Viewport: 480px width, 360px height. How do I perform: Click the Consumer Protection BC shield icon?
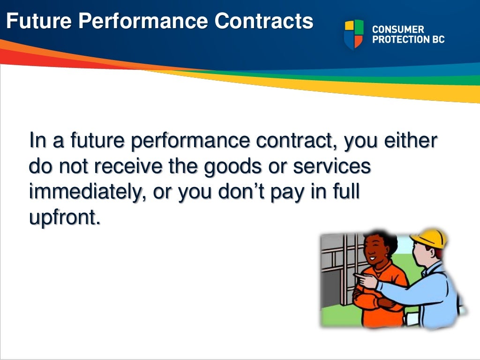(x=353, y=34)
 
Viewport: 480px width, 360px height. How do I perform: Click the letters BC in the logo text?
(x=436, y=40)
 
